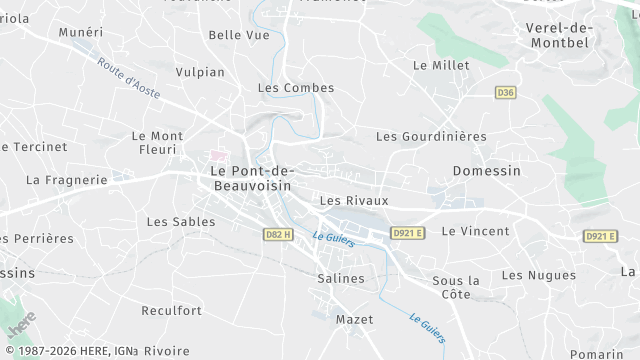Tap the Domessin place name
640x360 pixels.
point(486,171)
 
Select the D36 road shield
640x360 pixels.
point(505,93)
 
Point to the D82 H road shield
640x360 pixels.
point(279,235)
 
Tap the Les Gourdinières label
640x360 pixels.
point(430,136)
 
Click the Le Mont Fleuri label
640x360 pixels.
point(155,143)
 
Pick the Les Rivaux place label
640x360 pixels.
point(353,201)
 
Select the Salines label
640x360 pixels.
point(340,278)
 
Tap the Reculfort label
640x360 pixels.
point(171,311)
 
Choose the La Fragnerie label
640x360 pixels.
point(66,181)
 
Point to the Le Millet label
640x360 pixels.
point(441,65)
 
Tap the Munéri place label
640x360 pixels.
point(81,33)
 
